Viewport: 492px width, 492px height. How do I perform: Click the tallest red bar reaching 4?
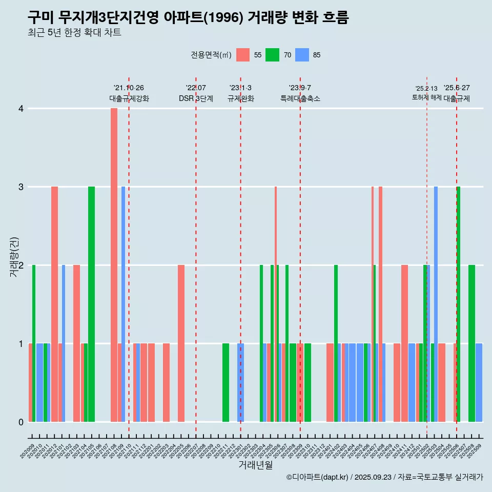(114, 264)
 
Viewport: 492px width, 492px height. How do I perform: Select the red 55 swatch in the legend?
(243, 55)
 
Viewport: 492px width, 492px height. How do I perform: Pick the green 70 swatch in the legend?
(272, 55)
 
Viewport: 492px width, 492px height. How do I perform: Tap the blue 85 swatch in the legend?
(302, 55)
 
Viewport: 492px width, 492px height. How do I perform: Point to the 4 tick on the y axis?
(21, 109)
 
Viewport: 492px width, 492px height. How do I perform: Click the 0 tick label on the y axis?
(21, 422)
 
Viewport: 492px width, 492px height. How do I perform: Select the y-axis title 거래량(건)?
(14, 257)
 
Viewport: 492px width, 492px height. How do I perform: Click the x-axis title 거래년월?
(255, 465)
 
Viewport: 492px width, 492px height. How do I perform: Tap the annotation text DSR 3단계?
(196, 98)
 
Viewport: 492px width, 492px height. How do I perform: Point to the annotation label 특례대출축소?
(300, 98)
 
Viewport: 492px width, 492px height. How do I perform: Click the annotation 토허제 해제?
(426, 97)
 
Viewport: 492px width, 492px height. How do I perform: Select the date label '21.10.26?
(129, 88)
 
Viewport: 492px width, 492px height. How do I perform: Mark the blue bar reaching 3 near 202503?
(436, 304)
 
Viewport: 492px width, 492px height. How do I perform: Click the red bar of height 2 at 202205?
(181, 343)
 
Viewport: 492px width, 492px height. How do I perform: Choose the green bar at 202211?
(225, 382)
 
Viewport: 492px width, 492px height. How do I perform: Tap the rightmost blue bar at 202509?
(479, 382)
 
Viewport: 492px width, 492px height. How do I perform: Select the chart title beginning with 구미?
(188, 18)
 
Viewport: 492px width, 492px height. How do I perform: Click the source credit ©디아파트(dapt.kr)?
(318, 477)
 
